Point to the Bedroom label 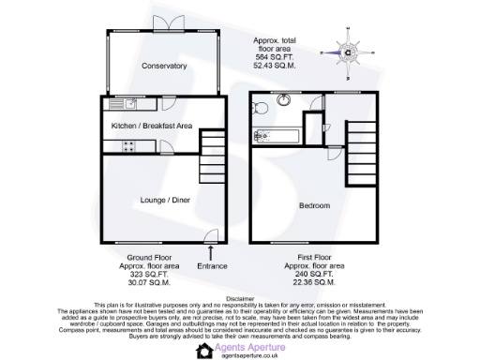point(314,205)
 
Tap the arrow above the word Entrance point(211,251)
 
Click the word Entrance point(211,266)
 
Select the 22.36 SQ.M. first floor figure point(310,281)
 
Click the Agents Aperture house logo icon point(203,350)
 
